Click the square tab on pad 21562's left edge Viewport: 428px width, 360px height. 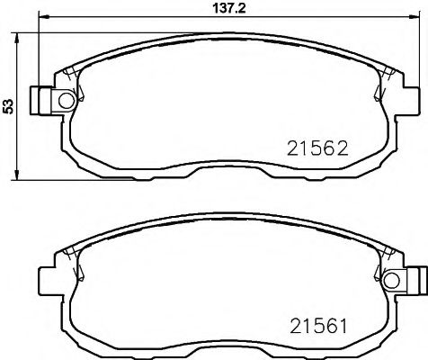coord(39,97)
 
